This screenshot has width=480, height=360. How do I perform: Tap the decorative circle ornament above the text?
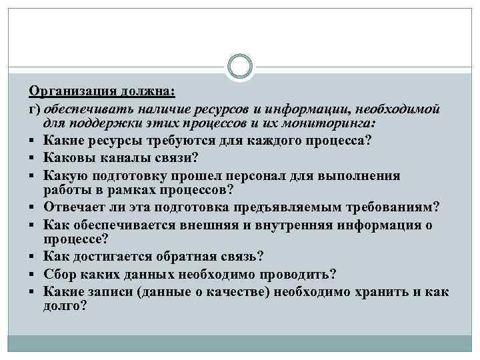pos(240,67)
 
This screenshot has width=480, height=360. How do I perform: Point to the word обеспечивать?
pos(83,108)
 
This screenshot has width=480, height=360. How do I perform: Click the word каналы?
pos(124,158)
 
